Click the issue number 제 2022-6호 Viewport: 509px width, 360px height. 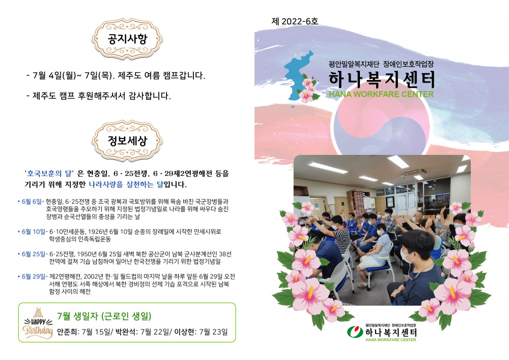(295, 21)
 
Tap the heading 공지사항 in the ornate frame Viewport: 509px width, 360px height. (127, 39)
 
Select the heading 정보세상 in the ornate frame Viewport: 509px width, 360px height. (127, 141)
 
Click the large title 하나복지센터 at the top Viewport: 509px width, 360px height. (381, 79)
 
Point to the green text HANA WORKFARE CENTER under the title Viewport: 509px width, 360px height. (381, 95)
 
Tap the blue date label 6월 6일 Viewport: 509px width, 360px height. (32, 202)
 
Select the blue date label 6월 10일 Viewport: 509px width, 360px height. (34, 232)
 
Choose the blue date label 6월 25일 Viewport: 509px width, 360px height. (34, 254)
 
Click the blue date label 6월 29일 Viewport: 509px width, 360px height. (34, 276)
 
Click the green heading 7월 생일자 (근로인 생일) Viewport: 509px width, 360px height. (104, 316)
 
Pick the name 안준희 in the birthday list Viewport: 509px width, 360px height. (67, 332)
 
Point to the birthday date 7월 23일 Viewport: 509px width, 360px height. (214, 332)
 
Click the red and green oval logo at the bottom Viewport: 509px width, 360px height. (355, 332)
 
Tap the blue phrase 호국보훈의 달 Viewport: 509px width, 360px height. (49, 173)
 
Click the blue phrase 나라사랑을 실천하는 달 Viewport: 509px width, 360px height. (126, 185)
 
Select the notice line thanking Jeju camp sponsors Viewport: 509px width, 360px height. (98, 96)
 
